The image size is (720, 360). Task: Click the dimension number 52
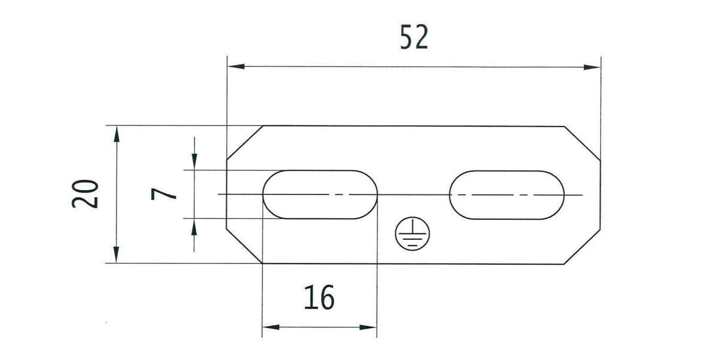[x=413, y=38]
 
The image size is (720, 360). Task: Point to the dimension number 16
[x=319, y=298]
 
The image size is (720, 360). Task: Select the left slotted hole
[x=320, y=194]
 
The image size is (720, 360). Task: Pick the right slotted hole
[x=507, y=194]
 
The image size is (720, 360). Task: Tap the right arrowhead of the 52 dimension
[x=592, y=67]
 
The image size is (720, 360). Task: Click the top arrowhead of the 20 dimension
[x=116, y=134]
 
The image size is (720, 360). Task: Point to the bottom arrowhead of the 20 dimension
[x=116, y=255]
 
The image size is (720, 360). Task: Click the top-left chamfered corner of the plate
[x=245, y=143]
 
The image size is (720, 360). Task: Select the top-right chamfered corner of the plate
[x=583, y=144]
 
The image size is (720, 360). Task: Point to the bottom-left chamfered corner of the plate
[x=245, y=246]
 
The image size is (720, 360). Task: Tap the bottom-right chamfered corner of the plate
[x=583, y=246]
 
